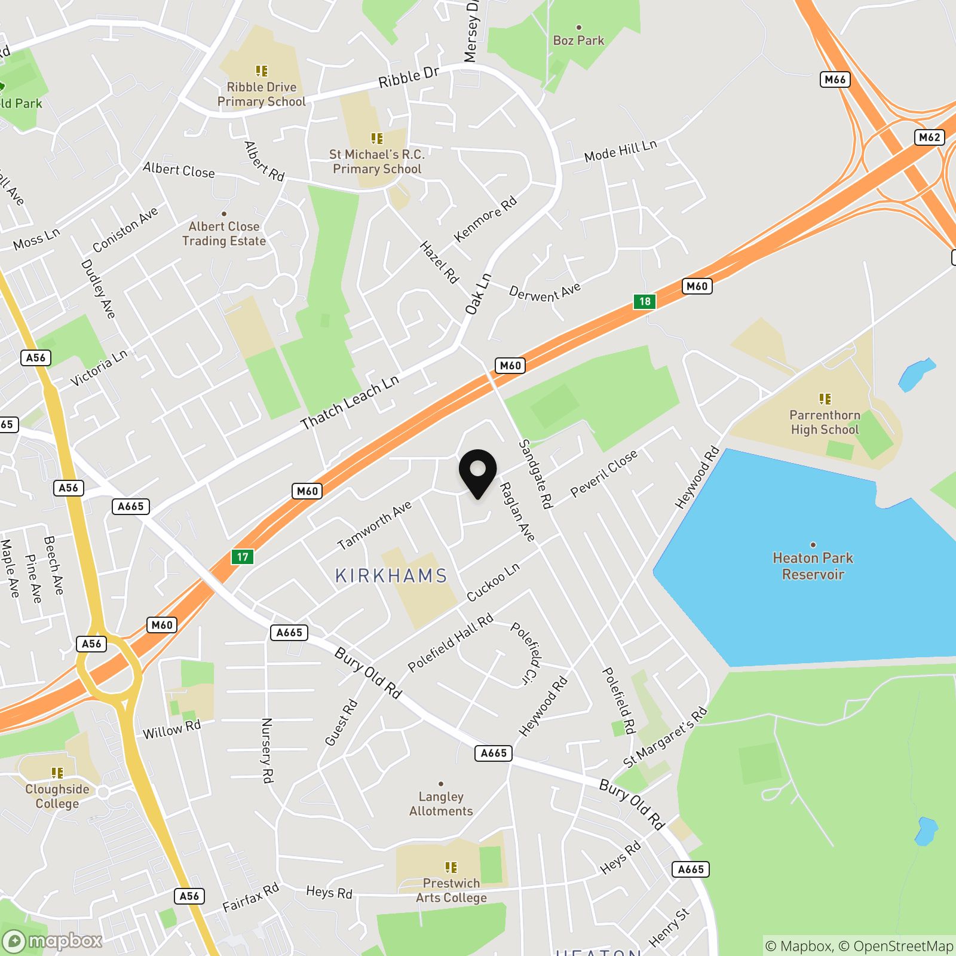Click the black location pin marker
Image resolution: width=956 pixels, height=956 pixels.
click(x=478, y=472)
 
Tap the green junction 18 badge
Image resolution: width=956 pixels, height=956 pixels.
click(x=645, y=301)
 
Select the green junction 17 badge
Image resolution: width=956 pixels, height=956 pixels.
click(x=242, y=557)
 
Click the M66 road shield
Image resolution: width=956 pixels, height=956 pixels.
click(x=835, y=79)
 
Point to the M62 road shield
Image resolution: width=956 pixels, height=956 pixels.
click(x=929, y=137)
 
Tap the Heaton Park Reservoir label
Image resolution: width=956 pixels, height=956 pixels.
click(x=813, y=566)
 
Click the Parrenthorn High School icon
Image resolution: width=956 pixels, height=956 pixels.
click(x=825, y=399)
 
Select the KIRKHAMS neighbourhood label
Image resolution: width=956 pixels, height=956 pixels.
click(x=391, y=576)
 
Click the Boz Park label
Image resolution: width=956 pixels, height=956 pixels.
click(x=578, y=41)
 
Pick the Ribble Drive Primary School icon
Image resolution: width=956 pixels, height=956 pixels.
click(x=262, y=71)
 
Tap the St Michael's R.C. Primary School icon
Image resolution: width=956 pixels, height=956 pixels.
click(x=377, y=139)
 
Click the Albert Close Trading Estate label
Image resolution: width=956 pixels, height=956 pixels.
click(x=224, y=234)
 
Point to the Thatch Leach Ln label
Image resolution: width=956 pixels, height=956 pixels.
click(x=350, y=403)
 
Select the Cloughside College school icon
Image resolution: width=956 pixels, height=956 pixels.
click(x=57, y=773)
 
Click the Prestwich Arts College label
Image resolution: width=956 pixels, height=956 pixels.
click(x=451, y=890)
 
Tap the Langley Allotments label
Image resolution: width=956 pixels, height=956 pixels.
click(x=441, y=804)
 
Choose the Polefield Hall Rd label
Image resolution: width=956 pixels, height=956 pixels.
click(x=451, y=642)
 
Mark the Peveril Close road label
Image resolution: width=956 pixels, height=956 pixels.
click(x=604, y=473)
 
